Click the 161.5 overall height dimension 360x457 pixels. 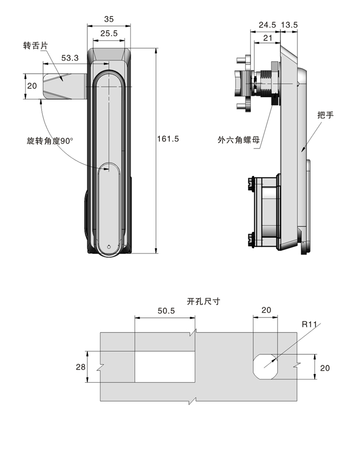[168, 138]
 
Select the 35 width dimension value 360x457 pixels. [109, 19]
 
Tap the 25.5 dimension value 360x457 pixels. [109, 33]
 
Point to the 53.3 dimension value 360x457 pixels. [70, 58]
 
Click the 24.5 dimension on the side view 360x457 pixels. [267, 25]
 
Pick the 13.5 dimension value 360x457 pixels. [289, 25]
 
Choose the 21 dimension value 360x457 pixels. [267, 39]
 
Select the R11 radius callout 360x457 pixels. [309, 325]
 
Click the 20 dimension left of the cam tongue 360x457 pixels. [32, 86]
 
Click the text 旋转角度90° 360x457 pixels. [50, 141]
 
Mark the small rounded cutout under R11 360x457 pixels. [265, 367]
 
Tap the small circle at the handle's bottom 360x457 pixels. [109, 247]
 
